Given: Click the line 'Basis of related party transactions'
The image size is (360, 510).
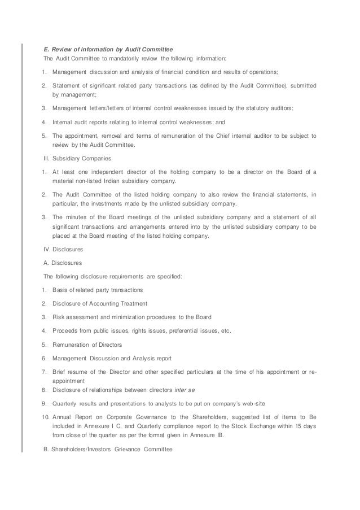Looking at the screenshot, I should coord(98,290).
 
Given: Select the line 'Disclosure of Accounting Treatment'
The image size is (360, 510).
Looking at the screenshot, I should coord(99,303).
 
